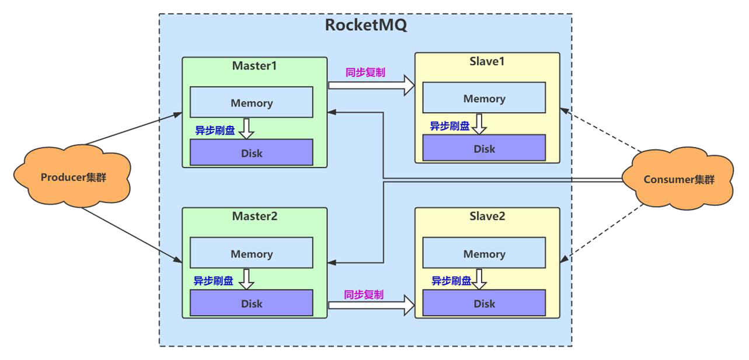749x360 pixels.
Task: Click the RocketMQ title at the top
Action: tap(365, 26)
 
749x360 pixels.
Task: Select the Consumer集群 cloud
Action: tap(678, 180)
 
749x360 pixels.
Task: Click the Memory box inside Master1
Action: tap(252, 103)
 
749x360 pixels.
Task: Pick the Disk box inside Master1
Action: tap(252, 153)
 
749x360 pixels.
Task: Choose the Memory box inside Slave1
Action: tap(484, 98)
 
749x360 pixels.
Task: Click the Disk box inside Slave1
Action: tap(484, 148)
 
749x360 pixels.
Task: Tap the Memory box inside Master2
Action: tap(252, 253)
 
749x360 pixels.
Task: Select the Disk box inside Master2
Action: tap(252, 303)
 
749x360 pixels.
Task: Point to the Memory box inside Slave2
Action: tap(484, 253)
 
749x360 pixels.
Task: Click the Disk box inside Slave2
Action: tap(484, 303)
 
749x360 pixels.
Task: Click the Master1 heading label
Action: tap(254, 65)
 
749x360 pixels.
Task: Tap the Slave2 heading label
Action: tap(487, 216)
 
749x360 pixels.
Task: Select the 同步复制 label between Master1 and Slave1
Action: tap(365, 73)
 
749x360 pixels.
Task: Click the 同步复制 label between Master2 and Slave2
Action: tap(364, 295)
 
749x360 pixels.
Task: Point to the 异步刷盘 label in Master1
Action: tap(215, 131)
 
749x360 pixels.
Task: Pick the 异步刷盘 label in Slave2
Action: tap(451, 281)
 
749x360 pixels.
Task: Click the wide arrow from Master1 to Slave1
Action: tap(371, 85)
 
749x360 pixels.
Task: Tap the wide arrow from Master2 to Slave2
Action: tap(371, 305)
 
